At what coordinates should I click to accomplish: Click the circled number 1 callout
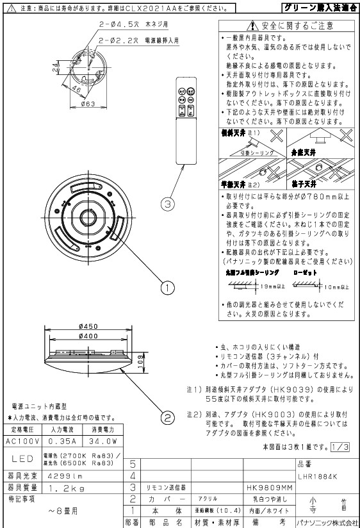click(x=168, y=288)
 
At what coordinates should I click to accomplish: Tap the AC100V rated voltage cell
click(x=22, y=441)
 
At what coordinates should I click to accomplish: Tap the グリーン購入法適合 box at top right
click(x=320, y=8)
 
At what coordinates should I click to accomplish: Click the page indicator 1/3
click(x=342, y=446)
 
